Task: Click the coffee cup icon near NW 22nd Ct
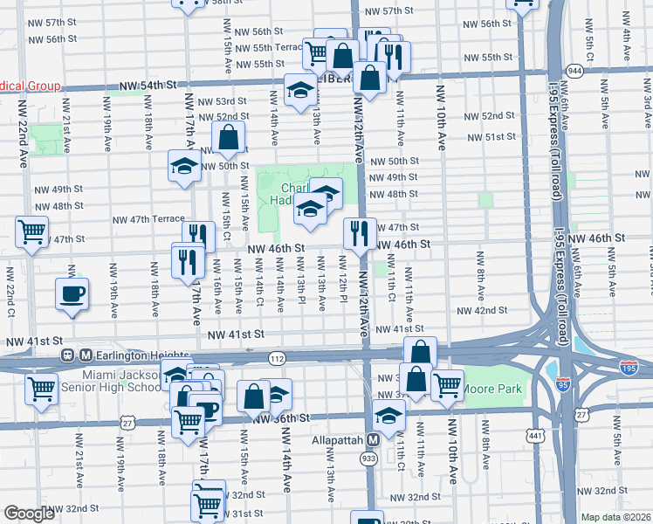pos(72,293)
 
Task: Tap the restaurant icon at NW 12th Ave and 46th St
pos(360,232)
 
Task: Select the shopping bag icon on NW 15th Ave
pos(228,136)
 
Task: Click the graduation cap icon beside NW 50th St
pos(185,166)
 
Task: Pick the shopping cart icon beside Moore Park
pos(447,383)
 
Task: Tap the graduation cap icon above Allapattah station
pos(389,416)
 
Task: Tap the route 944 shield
pos(574,69)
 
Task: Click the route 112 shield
pos(278,358)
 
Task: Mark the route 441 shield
pos(533,433)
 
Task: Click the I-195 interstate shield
pos(629,369)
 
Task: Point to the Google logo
pos(30,514)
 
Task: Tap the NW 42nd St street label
pos(481,310)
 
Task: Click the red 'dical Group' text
pos(30,86)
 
